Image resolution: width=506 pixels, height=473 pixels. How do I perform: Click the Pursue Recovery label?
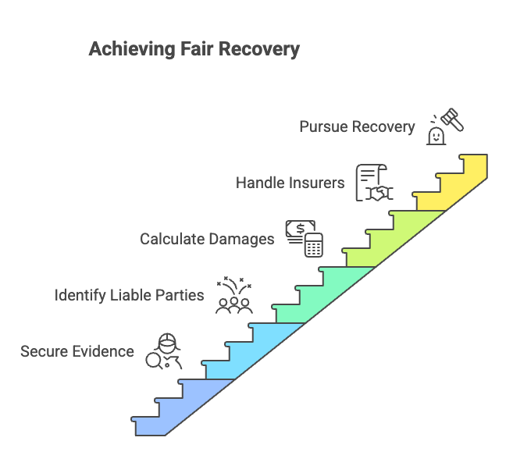pyautogui.click(x=356, y=126)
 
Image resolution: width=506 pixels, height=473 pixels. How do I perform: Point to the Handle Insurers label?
pyautogui.click(x=290, y=183)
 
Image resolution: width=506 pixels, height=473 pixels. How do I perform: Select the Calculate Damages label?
pyautogui.click(x=207, y=239)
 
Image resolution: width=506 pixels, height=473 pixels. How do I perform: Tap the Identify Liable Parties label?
pyautogui.click(x=129, y=295)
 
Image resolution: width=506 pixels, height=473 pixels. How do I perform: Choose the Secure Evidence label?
pyautogui.click(x=77, y=351)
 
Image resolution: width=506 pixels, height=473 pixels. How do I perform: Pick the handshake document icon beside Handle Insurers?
pyautogui.click(x=373, y=183)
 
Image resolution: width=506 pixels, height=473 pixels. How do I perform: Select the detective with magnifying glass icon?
pyautogui.click(x=163, y=351)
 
